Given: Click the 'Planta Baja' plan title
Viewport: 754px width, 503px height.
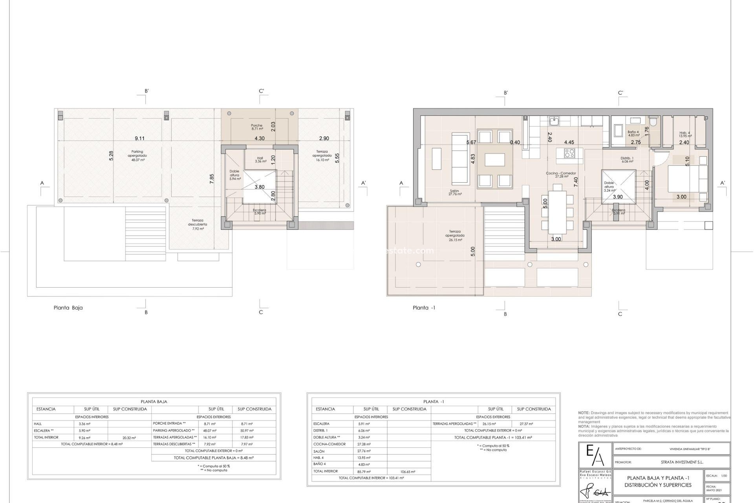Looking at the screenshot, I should pyautogui.click(x=68, y=308).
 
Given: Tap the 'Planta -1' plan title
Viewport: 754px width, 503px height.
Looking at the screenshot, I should pyautogui.click(x=424, y=308).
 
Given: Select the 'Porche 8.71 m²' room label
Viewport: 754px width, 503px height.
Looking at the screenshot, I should pyautogui.click(x=257, y=127).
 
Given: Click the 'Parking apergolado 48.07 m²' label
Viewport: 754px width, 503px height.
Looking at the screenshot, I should pyautogui.click(x=137, y=156).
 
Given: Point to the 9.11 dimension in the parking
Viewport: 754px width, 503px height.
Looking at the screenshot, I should pyautogui.click(x=139, y=138).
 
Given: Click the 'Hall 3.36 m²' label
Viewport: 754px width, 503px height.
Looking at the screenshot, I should pyautogui.click(x=260, y=160).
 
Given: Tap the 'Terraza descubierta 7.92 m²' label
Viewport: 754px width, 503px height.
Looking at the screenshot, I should pyautogui.click(x=198, y=224).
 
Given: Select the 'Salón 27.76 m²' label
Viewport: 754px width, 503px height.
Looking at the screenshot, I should pyautogui.click(x=456, y=193).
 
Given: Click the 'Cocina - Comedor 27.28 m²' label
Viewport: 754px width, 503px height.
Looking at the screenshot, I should pyautogui.click(x=561, y=175).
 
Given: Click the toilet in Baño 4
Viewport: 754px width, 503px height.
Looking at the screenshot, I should pyautogui.click(x=653, y=123).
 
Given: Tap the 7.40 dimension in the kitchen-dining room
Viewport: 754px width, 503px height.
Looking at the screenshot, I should pyautogui.click(x=576, y=182).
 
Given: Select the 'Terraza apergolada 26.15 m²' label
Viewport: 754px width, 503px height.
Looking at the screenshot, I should pyautogui.click(x=455, y=235).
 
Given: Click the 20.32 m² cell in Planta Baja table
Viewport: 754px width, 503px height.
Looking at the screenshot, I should pyautogui.click(x=129, y=437).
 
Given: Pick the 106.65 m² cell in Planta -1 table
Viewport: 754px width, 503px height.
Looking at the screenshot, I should pyautogui.click(x=408, y=472).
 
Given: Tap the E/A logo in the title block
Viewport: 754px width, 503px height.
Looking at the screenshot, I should pyautogui.click(x=595, y=456).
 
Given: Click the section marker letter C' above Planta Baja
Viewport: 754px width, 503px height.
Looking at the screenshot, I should pyautogui.click(x=261, y=91).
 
